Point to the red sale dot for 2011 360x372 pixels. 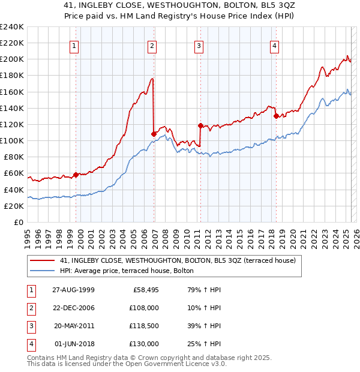pos(200,125)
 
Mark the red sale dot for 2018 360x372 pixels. pos(275,116)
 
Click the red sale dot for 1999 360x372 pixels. pos(76,175)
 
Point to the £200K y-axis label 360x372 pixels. pos(11,59)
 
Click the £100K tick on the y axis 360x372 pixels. pos(11,140)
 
